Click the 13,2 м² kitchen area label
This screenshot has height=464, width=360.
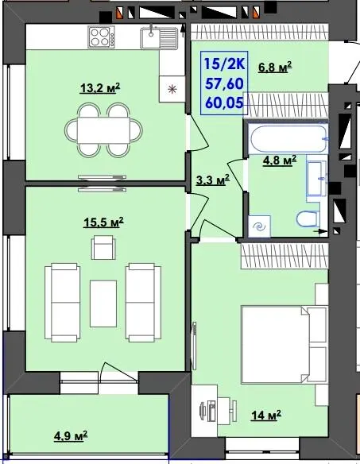pyautogui.click(x=100, y=88)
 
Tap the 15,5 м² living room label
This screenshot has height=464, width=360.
pyautogui.click(x=103, y=222)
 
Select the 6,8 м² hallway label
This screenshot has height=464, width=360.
pyautogui.click(x=275, y=67)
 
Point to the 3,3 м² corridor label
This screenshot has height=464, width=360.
pyautogui.click(x=213, y=180)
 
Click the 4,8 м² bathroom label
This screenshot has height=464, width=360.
pyautogui.click(x=280, y=160)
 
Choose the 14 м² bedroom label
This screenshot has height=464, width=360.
pyautogui.click(x=266, y=416)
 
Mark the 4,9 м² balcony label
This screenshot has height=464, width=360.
pyautogui.click(x=71, y=435)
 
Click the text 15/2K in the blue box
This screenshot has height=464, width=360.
pyautogui.click(x=225, y=64)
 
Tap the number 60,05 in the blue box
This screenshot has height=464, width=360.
pyautogui.click(x=225, y=103)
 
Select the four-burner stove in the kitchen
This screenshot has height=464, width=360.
pyautogui.click(x=101, y=37)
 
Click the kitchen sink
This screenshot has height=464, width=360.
pyautogui.click(x=159, y=38)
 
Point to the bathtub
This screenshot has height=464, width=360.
pyautogui.click(x=288, y=139)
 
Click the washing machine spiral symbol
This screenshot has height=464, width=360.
pyautogui.click(x=260, y=226)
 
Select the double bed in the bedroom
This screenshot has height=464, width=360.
pyautogui.click(x=284, y=345)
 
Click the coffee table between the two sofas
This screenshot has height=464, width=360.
pyautogui.click(x=103, y=304)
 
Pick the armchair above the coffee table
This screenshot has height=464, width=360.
pyautogui.click(x=103, y=247)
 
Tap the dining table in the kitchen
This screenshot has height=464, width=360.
pyautogui.click(x=103, y=130)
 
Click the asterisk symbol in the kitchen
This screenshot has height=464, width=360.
pyautogui.click(x=172, y=89)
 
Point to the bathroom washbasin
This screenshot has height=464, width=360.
pyautogui.click(x=316, y=179)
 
